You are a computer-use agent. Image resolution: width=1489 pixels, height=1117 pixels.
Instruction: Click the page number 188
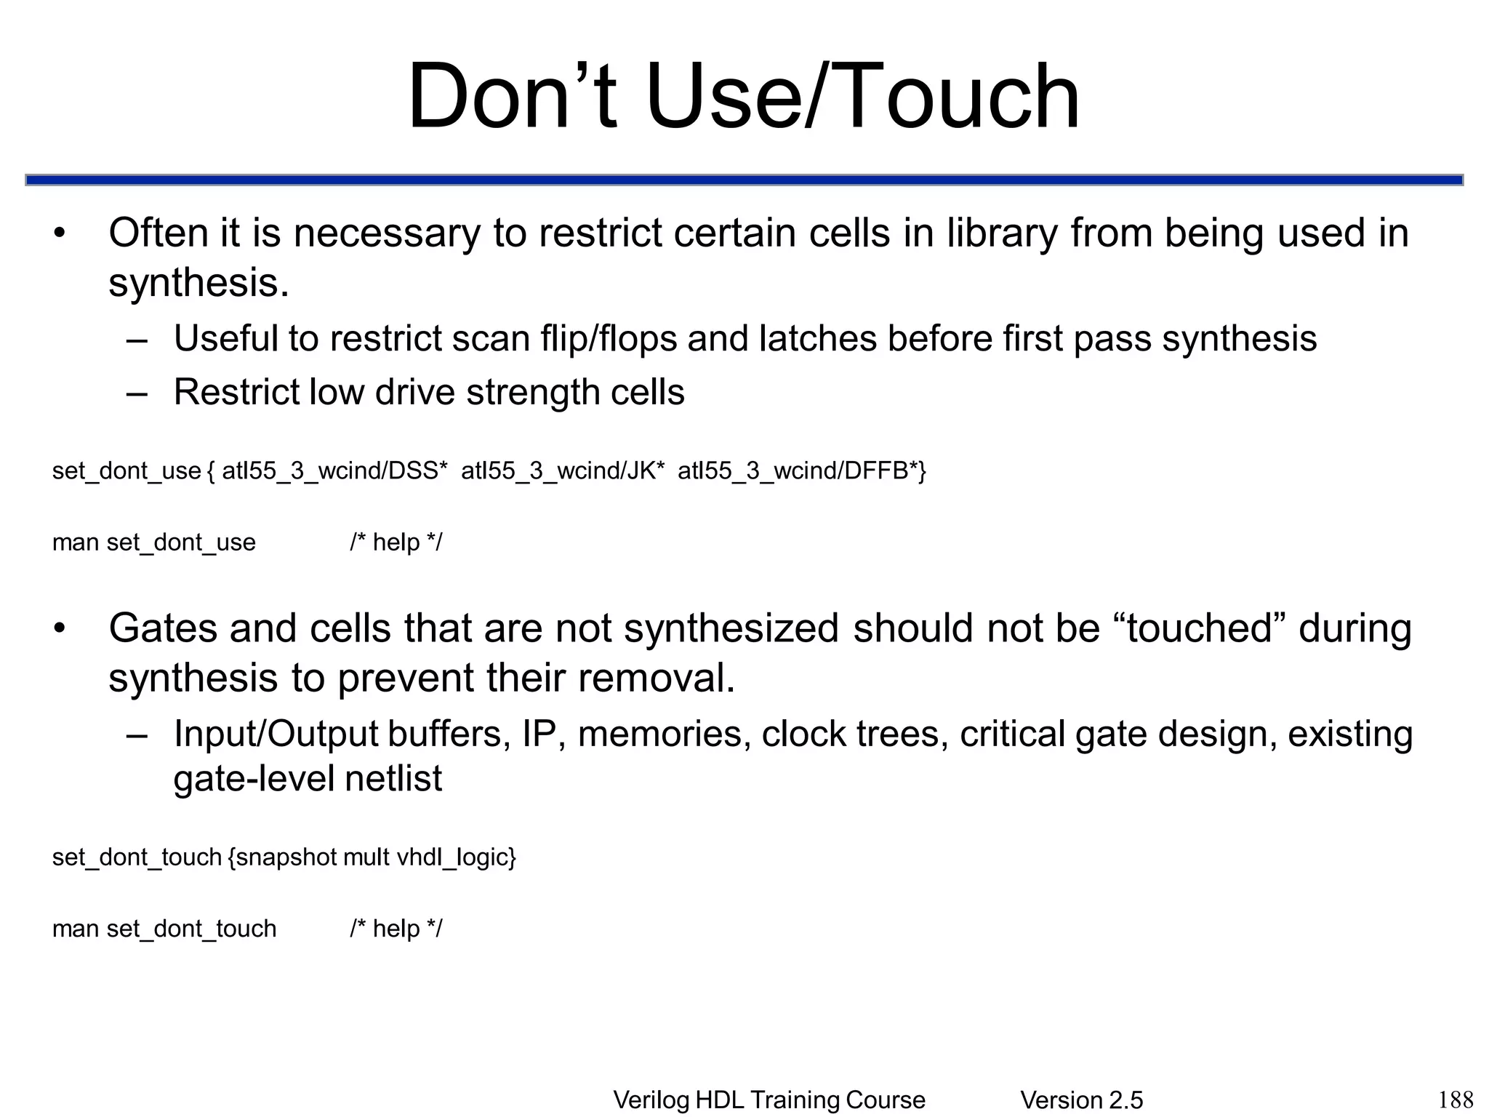coord(1456,1099)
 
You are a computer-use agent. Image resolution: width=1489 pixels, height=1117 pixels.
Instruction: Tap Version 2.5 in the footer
coord(1081,1100)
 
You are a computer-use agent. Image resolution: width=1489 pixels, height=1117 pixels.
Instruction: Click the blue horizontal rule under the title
coord(744,180)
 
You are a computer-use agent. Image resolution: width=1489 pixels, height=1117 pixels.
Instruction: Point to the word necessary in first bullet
coord(387,233)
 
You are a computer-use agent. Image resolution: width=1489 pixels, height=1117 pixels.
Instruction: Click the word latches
coord(817,339)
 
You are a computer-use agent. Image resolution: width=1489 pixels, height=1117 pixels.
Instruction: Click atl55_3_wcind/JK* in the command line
coord(563,471)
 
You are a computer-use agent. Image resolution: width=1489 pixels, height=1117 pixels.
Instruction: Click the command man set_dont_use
coord(154,543)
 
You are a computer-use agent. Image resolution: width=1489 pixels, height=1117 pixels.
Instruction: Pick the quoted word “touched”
coord(1200,628)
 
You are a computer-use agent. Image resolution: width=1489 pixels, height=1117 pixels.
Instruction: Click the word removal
coord(657,678)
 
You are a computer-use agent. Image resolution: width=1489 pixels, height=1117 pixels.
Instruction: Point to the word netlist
coord(393,779)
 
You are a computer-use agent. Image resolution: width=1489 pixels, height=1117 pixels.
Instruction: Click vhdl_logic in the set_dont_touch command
coord(455,857)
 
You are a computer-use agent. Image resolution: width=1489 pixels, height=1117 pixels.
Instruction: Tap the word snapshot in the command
coord(286,857)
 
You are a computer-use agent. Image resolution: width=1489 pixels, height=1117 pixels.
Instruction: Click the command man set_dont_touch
coord(164,929)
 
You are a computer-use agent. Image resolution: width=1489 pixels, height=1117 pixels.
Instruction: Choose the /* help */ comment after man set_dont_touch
coord(396,929)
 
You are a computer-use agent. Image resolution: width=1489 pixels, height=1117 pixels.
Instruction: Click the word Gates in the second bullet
coord(163,628)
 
